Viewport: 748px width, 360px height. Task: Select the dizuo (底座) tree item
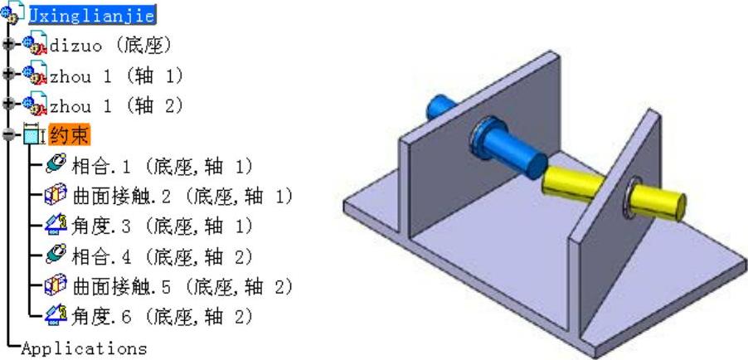(112, 45)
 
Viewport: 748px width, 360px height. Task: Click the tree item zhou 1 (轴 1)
(116, 75)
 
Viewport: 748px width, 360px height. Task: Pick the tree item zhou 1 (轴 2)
(116, 106)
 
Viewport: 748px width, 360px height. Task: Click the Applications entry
(83, 348)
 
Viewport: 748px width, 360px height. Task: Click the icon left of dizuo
(35, 45)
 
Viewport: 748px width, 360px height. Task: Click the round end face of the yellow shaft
(676, 202)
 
